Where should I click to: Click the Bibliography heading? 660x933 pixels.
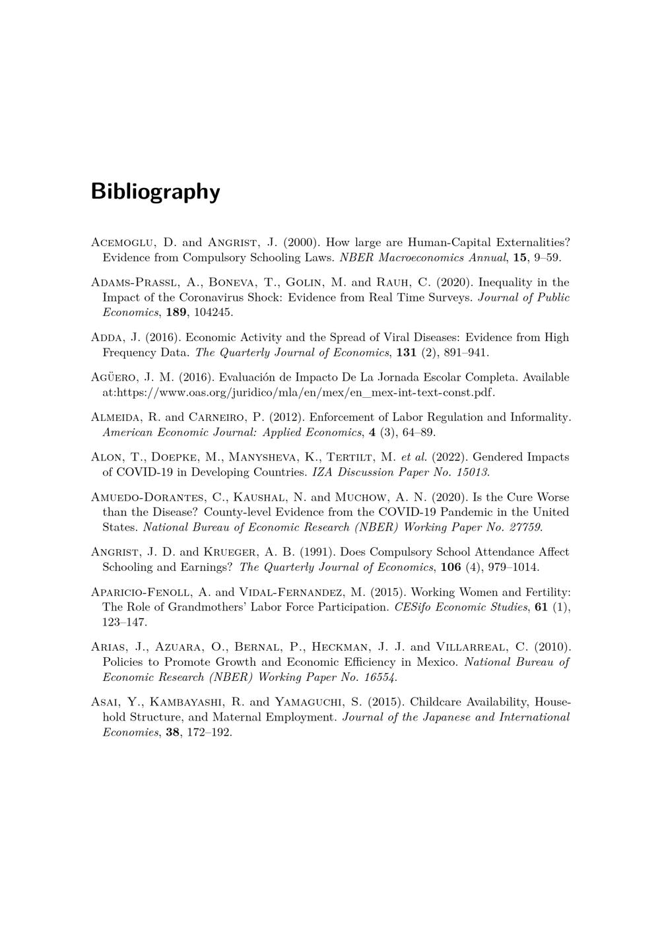pos(155,191)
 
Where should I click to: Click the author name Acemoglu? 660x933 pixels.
pos(121,242)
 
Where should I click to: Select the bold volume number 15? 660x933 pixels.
pos(519,257)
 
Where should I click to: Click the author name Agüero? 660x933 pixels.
pos(114,377)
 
